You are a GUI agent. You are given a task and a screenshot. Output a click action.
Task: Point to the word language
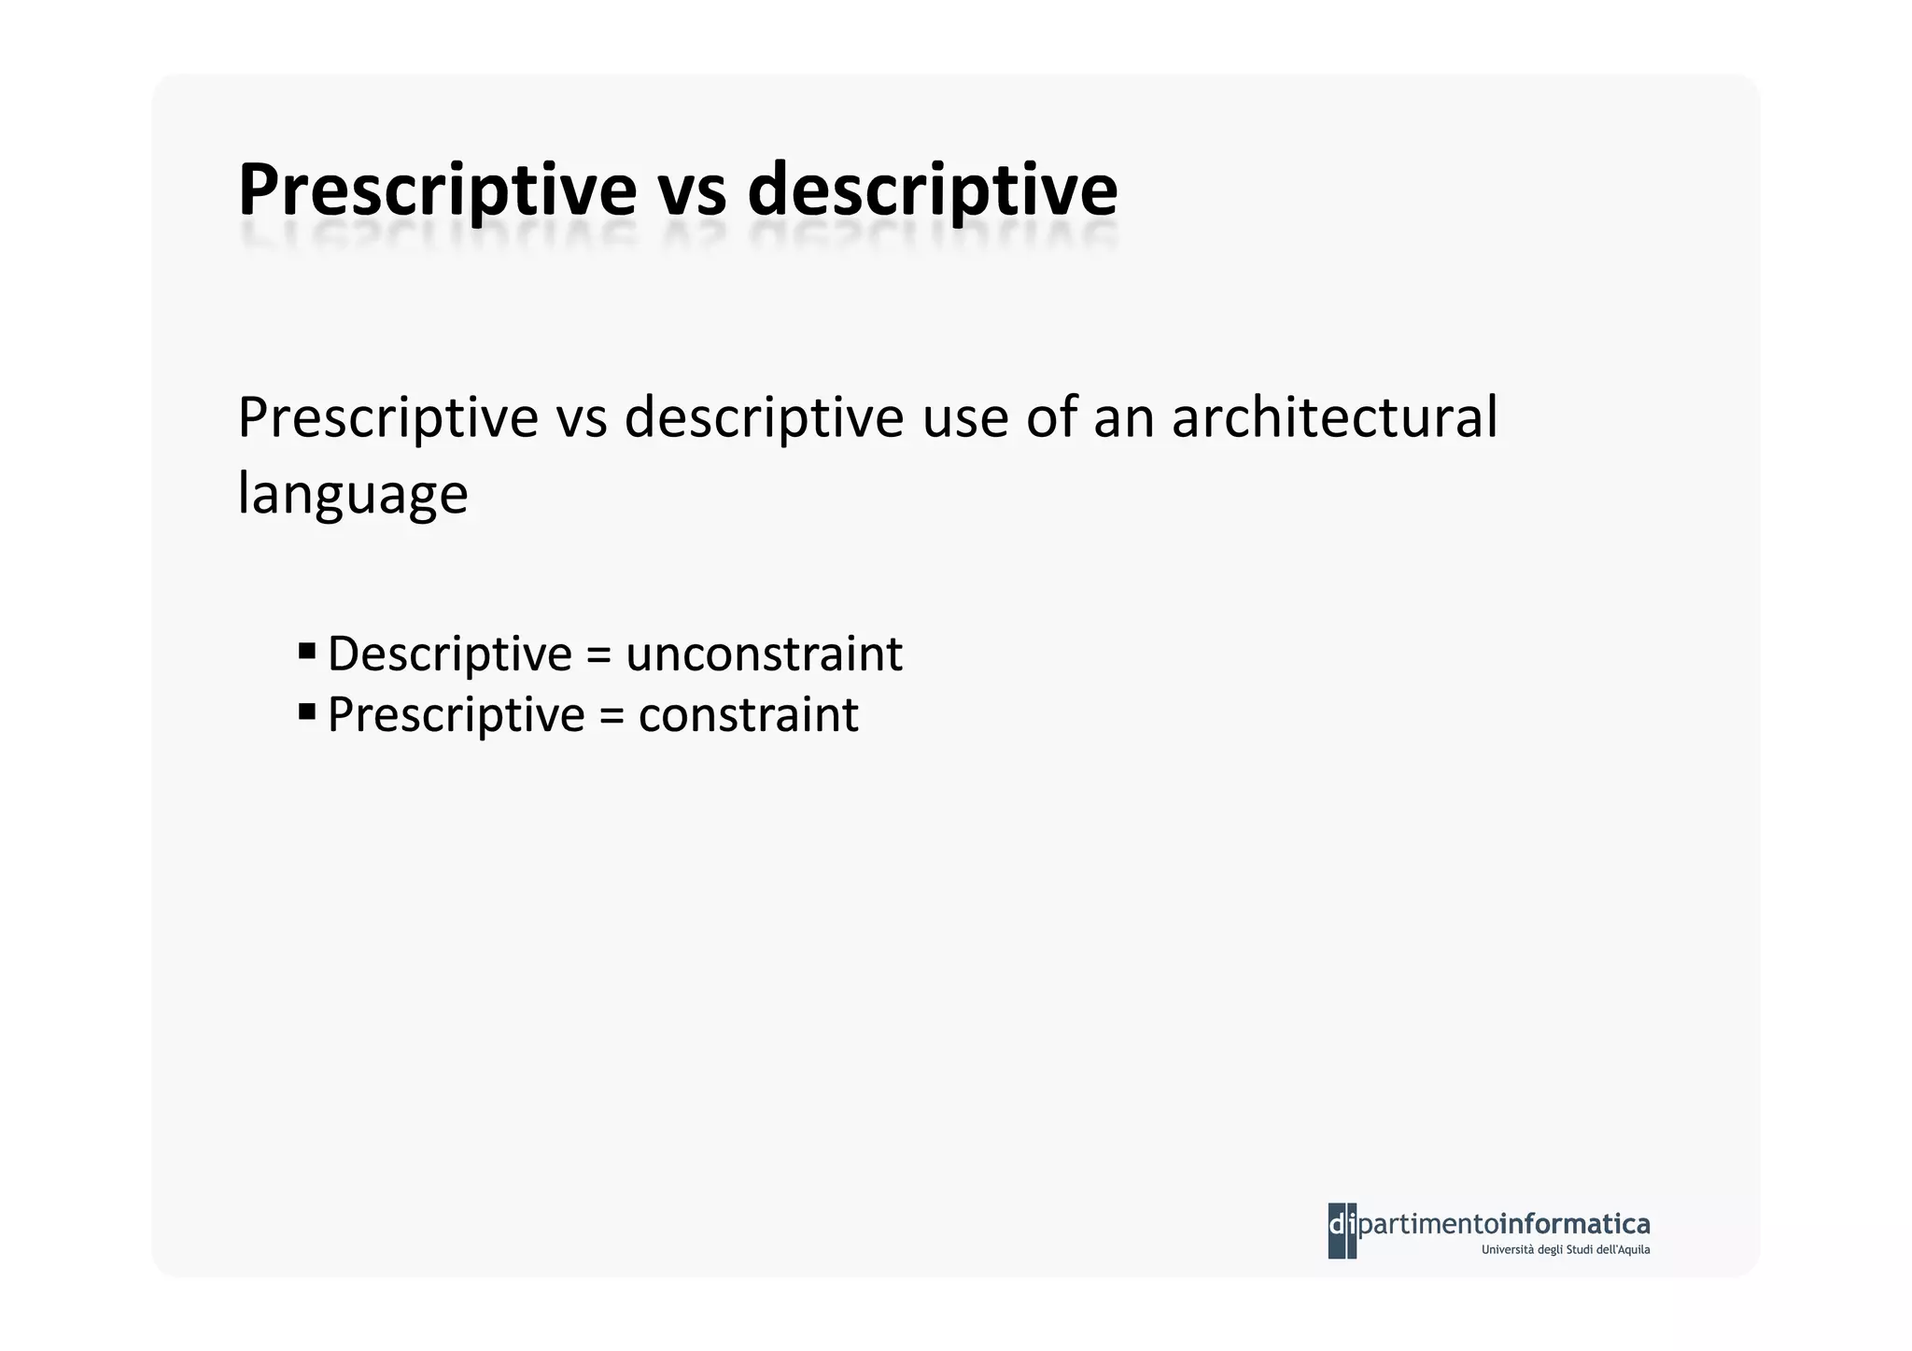352,494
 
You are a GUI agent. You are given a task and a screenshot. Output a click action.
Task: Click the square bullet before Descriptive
307,650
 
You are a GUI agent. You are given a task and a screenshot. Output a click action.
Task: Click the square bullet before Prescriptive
307,711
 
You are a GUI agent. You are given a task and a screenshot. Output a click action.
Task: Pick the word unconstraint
764,654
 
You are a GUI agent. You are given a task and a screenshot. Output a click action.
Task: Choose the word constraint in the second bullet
748,715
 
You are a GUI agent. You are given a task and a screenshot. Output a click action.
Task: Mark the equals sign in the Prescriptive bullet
612,717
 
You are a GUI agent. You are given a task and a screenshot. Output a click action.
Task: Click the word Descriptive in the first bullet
449,654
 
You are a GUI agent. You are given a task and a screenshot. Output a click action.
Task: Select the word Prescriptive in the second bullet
456,715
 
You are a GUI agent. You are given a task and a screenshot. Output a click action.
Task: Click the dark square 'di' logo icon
1343,1230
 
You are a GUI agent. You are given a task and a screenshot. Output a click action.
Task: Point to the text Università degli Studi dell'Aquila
1565,1250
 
